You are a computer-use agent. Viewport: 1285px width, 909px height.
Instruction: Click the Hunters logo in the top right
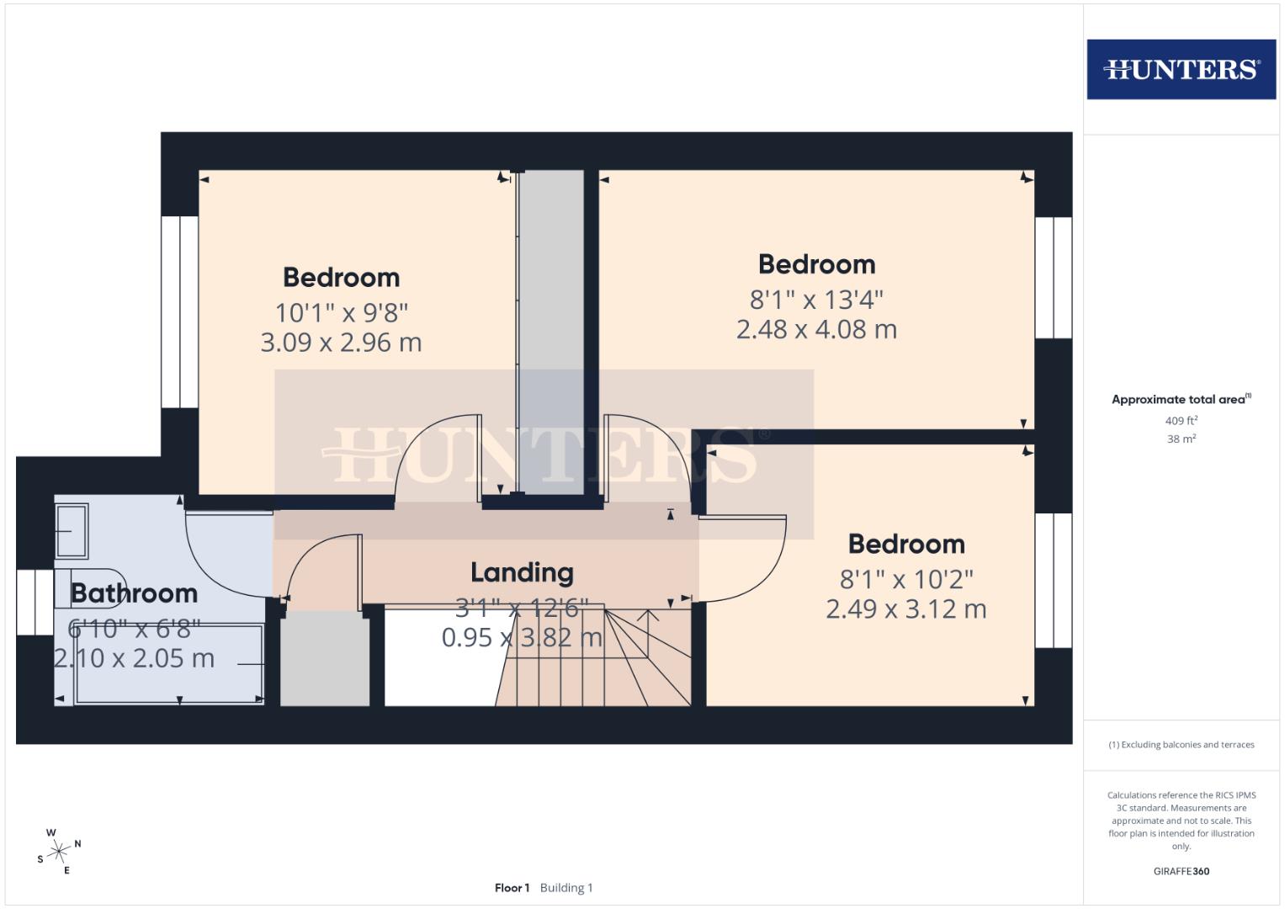tap(1181, 69)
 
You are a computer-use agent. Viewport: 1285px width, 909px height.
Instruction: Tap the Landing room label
tap(522, 572)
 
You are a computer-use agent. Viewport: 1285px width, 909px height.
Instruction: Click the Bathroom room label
tap(134, 593)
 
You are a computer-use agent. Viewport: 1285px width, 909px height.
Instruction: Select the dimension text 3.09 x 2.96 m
tap(341, 343)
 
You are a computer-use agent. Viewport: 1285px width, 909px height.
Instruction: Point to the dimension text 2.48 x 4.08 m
tap(816, 329)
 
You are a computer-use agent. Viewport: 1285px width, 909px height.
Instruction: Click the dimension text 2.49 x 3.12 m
tap(905, 609)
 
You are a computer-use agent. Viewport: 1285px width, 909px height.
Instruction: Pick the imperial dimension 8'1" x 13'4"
tap(816, 299)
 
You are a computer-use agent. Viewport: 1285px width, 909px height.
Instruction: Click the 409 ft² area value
tap(1181, 421)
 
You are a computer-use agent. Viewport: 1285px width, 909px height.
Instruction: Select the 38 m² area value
tap(1181, 439)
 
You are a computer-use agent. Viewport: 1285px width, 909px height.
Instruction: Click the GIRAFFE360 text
tap(1181, 871)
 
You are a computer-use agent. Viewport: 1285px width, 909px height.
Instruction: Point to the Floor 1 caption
tap(512, 888)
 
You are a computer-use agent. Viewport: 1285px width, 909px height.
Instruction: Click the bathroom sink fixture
tap(72, 531)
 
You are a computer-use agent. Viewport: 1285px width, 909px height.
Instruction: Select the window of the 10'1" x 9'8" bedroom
tap(179, 312)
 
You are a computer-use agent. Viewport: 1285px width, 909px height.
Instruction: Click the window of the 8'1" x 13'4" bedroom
tap(1053, 278)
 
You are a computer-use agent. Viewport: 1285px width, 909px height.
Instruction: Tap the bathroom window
tap(35, 602)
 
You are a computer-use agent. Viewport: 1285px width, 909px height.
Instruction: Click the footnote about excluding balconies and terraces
tap(1181, 745)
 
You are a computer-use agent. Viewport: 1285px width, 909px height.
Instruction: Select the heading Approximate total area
tap(1178, 400)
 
